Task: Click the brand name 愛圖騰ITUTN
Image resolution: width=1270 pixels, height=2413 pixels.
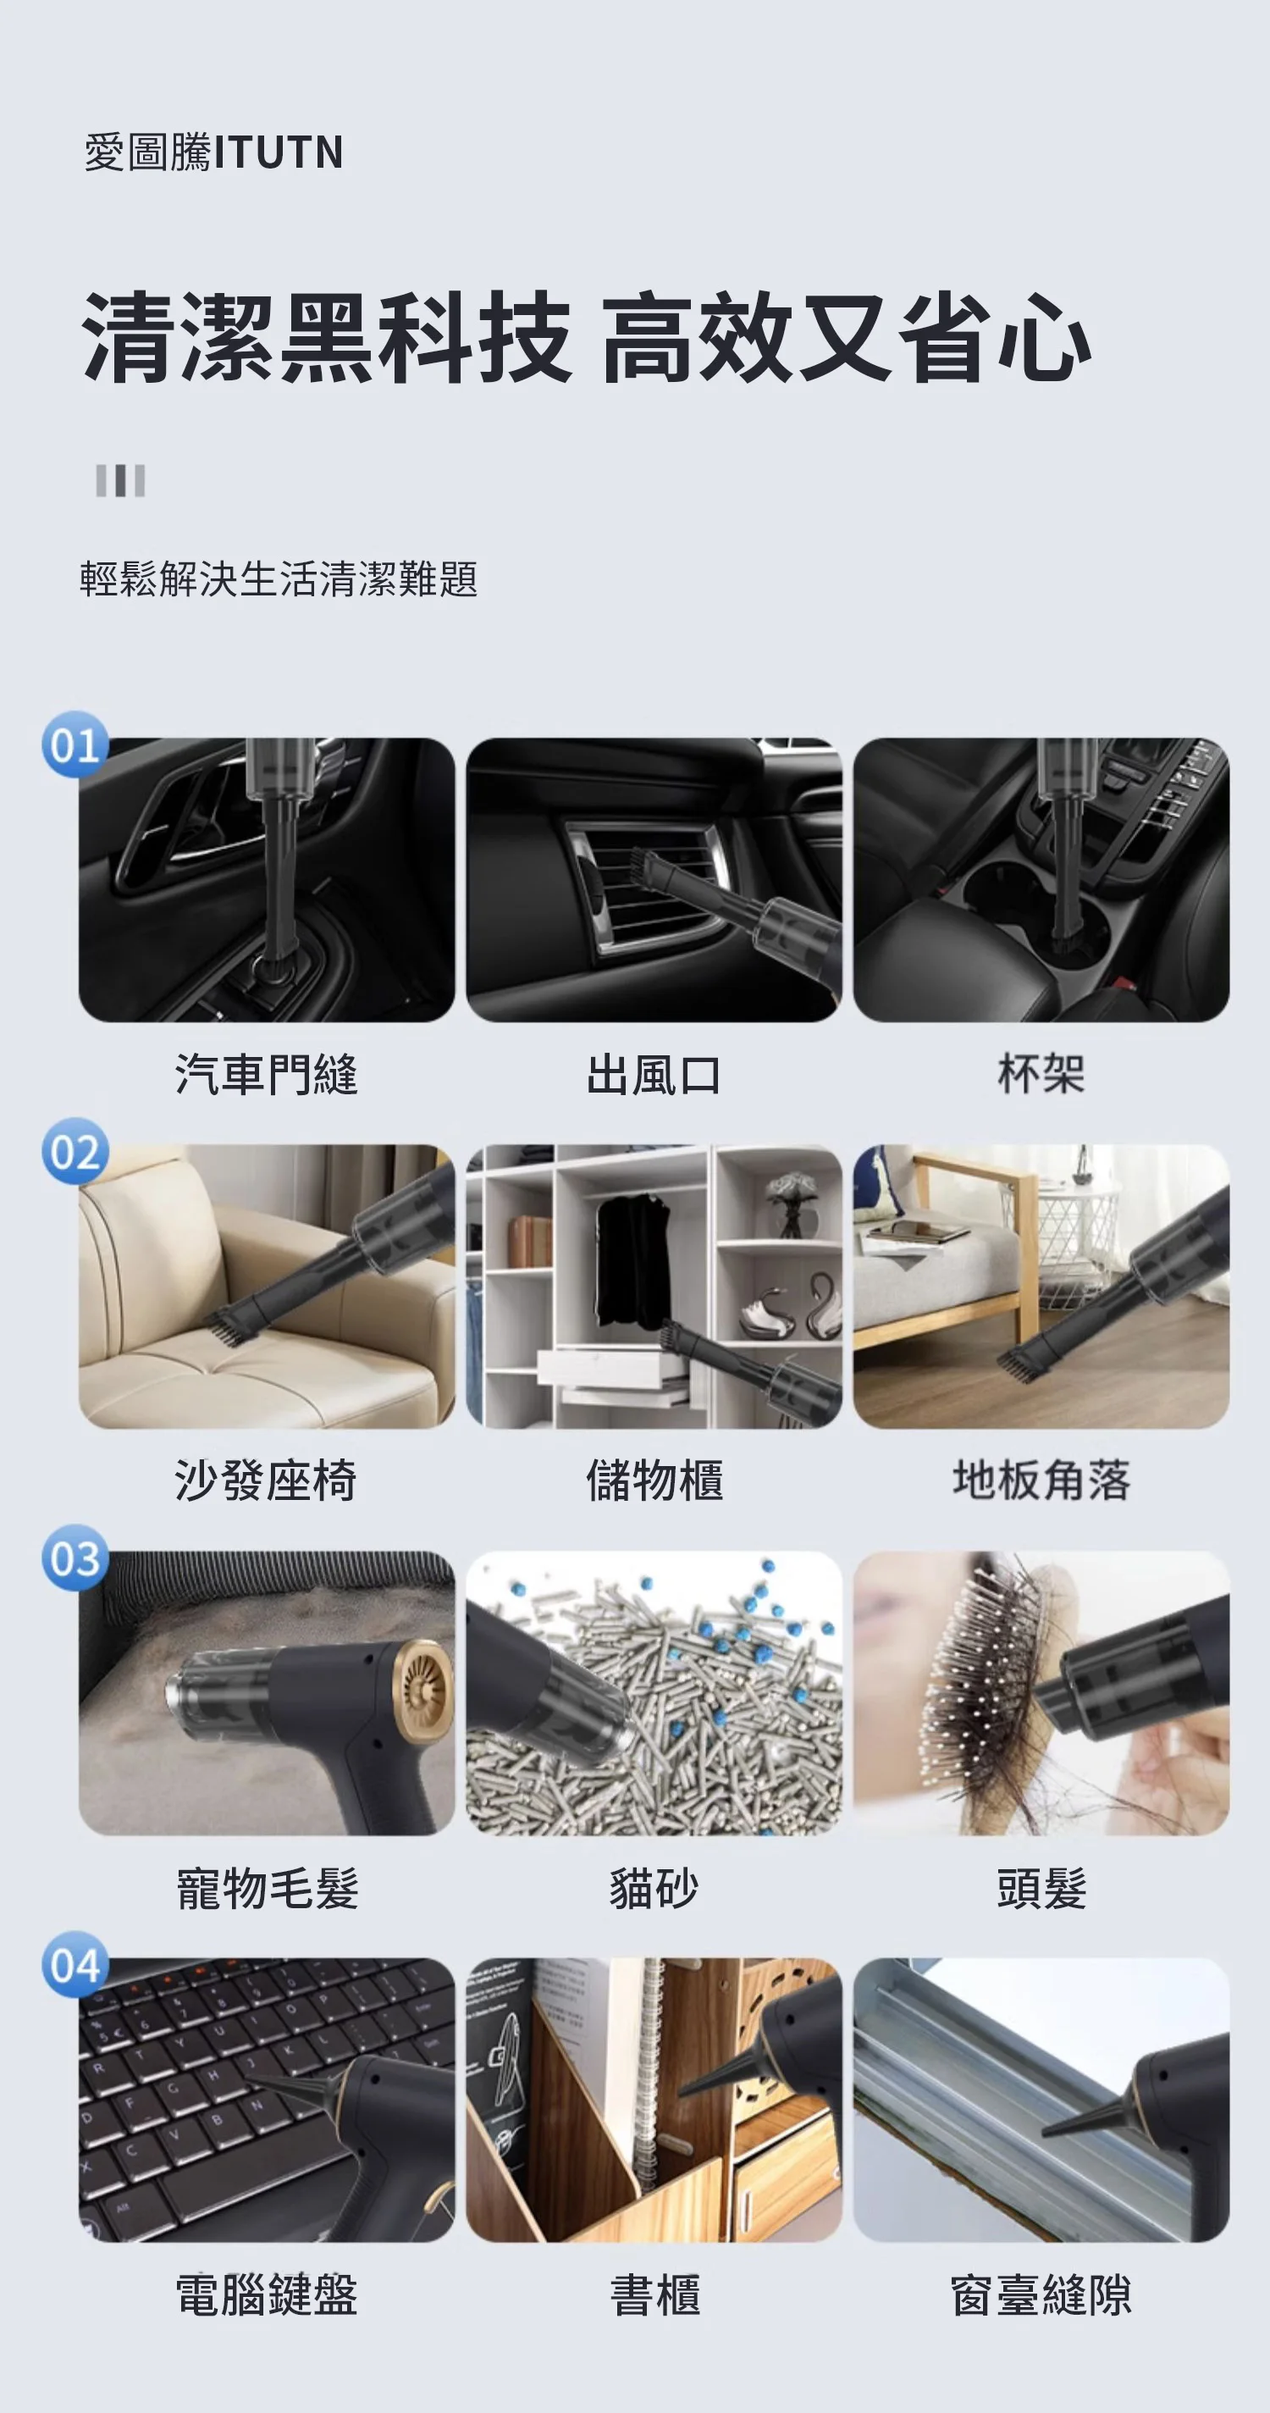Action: click(213, 152)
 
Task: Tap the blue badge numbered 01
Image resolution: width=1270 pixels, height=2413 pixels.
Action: click(75, 745)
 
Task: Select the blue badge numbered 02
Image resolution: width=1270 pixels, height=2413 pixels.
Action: click(75, 1152)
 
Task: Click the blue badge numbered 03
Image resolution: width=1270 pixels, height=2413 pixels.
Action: click(75, 1558)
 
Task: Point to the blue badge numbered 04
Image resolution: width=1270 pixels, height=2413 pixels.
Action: click(75, 1965)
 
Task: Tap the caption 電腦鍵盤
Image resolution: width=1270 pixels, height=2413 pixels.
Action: click(267, 2295)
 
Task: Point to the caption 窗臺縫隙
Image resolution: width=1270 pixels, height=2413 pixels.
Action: click(1041, 2295)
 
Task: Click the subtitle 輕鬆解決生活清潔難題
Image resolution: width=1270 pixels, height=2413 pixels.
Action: click(279, 578)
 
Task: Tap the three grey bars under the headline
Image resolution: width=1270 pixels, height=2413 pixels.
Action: click(121, 480)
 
